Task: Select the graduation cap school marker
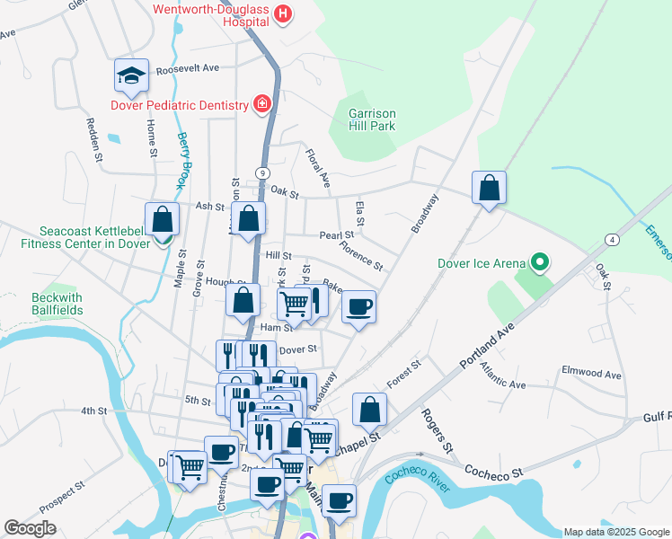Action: pos(131,76)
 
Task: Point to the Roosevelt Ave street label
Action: pos(188,68)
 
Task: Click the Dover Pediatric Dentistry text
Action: pos(179,105)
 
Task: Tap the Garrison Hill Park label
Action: pos(372,120)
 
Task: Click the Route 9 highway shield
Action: pos(262,172)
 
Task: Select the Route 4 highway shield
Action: pos(611,239)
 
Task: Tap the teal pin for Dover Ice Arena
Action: pos(539,264)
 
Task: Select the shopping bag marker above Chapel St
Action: pos(369,411)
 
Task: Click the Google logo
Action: pos(30,528)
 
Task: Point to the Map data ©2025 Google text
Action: pos(615,532)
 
